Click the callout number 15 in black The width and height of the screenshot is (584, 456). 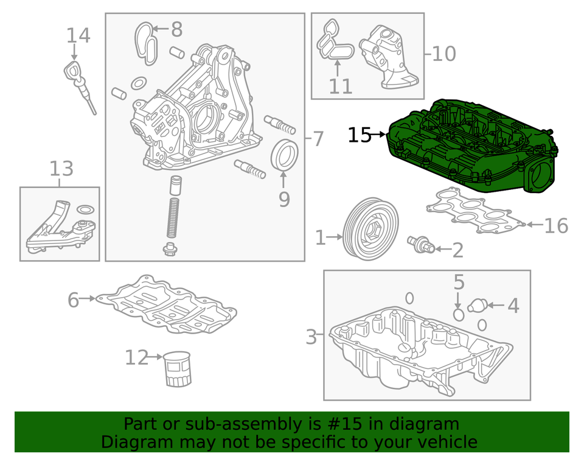point(360,135)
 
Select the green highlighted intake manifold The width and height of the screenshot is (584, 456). point(471,149)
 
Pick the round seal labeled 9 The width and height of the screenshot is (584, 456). point(283,156)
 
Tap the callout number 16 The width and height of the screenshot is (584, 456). point(555,226)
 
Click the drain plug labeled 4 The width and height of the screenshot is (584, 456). point(479,304)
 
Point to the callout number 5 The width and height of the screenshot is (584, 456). point(459,282)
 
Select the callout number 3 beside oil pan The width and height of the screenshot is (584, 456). point(311,337)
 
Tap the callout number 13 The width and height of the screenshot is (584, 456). point(61,168)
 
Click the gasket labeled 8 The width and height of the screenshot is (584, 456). point(145,41)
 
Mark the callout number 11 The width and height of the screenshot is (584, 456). point(341,86)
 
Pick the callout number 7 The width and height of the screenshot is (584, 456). point(318,139)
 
